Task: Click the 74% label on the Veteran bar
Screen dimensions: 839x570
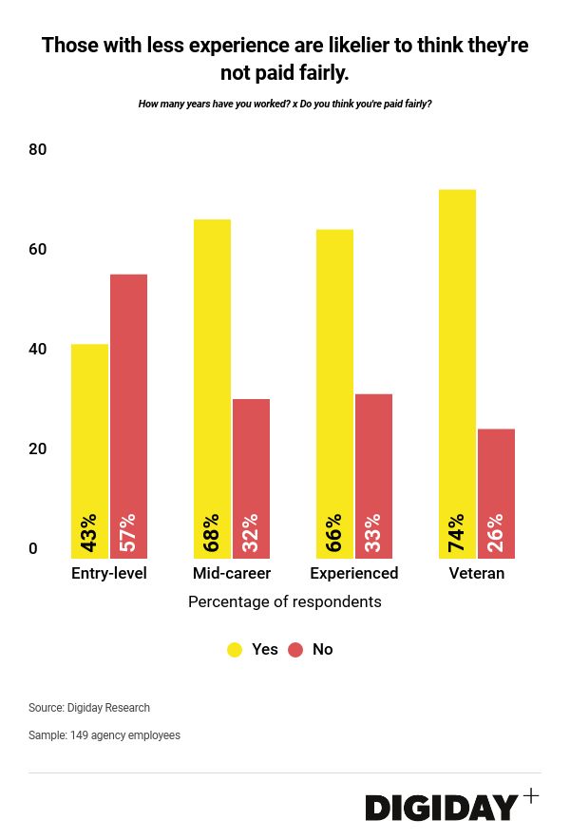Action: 457,533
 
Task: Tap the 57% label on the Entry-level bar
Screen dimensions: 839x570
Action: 128,533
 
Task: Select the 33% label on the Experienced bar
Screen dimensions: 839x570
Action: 373,533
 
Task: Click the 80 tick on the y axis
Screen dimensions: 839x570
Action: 38,149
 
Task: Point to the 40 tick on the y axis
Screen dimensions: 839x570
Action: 38,349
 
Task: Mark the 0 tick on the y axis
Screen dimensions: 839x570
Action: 33,548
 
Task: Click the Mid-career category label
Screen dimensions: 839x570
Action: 232,573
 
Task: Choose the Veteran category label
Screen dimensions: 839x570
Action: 477,573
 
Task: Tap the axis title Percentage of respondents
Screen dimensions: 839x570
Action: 285,601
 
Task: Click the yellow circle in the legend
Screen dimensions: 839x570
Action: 235,650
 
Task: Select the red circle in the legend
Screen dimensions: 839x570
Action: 295,650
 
